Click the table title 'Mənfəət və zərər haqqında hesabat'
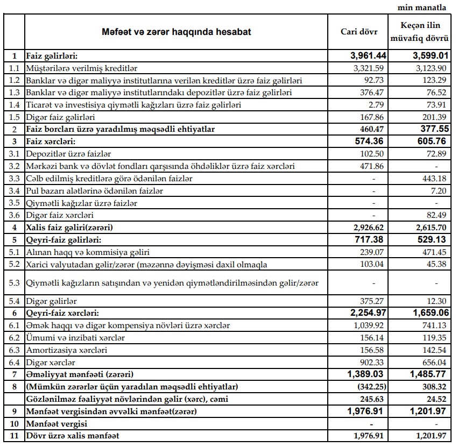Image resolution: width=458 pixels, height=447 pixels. (177, 32)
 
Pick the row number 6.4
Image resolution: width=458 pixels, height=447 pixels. (15, 362)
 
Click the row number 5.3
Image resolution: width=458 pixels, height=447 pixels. (15, 282)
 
